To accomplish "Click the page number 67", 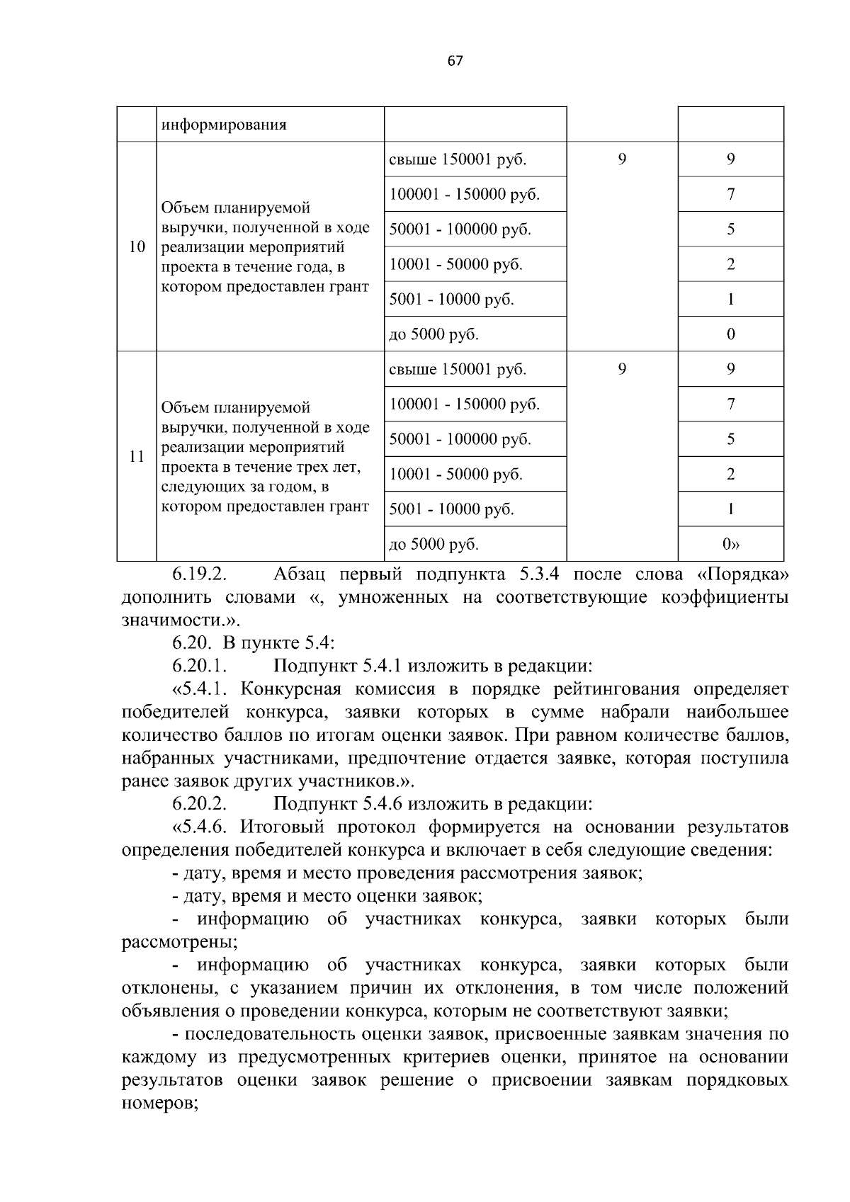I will tap(455, 61).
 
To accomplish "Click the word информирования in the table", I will tap(224, 125).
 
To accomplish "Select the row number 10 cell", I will tap(137, 247).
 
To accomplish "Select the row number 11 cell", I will tap(137, 456).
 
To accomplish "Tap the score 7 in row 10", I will tap(730, 194).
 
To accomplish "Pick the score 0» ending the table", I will tap(730, 544).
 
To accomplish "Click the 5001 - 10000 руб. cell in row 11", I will tap(452, 509).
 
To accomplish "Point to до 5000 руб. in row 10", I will tap(434, 334).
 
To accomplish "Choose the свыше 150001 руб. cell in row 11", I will tap(458, 369).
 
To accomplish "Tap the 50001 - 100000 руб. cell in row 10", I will tap(460, 229).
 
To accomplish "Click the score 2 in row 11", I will tap(730, 474).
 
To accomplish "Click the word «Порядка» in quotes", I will tap(742, 574).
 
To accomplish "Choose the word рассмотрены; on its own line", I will tap(179, 942).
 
